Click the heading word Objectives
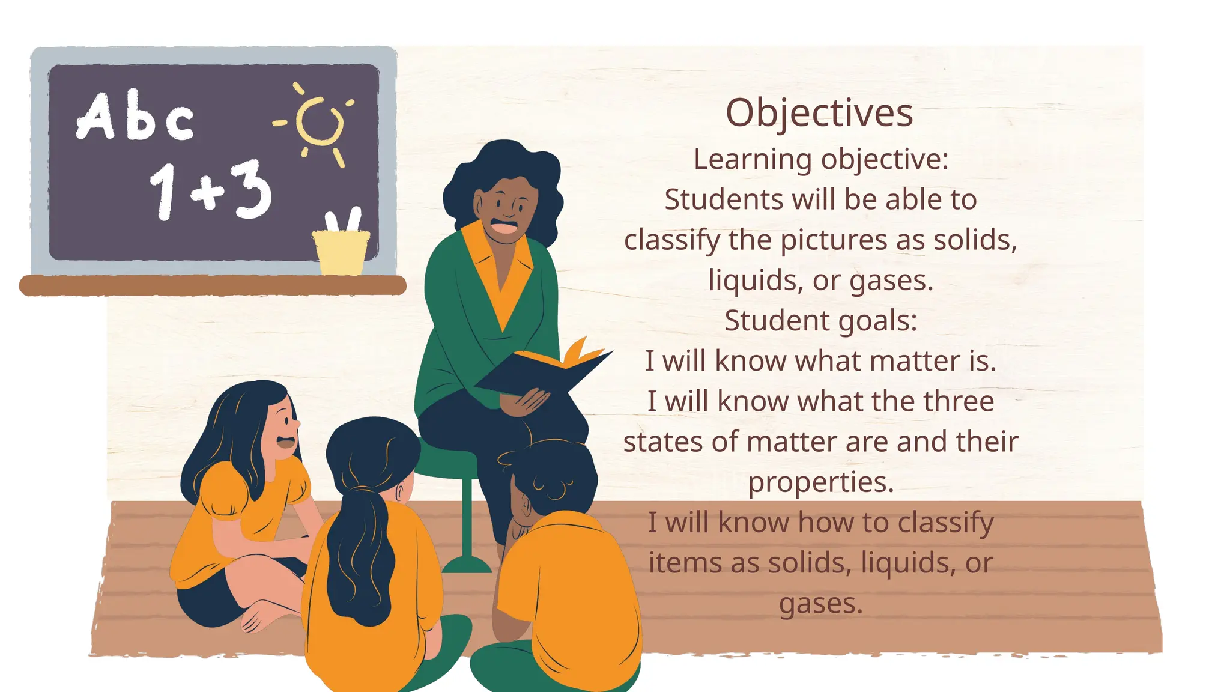point(819,113)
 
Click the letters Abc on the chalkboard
point(136,117)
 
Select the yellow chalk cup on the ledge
point(341,251)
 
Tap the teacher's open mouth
point(503,227)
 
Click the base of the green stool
point(467,565)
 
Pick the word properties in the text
point(820,482)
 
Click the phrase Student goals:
point(820,321)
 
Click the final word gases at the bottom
point(820,603)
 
